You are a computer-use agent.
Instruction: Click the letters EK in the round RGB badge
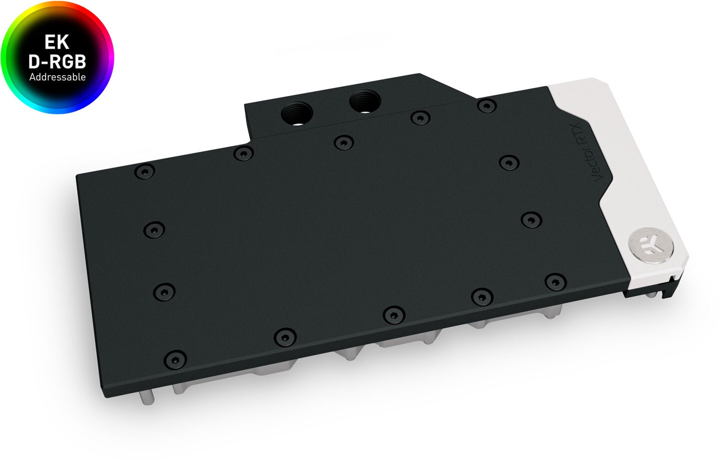57,42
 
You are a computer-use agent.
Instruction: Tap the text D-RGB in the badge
57,62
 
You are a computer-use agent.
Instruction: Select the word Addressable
57,77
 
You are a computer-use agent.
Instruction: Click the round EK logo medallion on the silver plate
651,246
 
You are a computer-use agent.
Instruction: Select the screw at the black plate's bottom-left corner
175,360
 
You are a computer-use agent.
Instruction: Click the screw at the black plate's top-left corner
145,172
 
